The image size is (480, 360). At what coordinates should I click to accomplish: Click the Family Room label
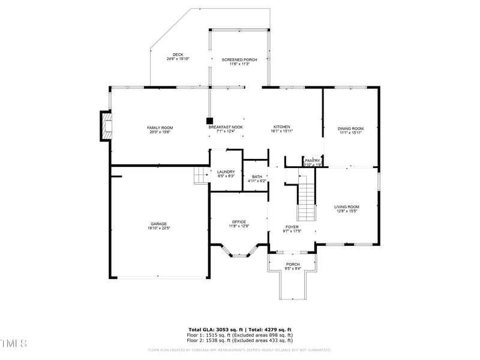(x=160, y=128)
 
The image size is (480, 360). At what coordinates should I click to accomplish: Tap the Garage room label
(x=158, y=224)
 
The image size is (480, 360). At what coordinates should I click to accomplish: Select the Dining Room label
(x=350, y=128)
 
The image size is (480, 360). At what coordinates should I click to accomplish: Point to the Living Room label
(x=347, y=207)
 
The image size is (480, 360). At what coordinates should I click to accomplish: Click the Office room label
(x=239, y=222)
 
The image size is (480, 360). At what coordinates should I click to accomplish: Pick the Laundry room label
(x=226, y=172)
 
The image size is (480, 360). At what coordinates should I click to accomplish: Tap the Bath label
(x=257, y=176)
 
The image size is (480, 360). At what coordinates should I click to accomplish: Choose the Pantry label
(x=313, y=160)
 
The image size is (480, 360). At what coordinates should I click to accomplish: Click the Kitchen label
(x=282, y=127)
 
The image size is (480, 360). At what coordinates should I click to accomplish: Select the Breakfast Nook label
(x=226, y=127)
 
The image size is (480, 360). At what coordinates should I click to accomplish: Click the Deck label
(x=178, y=55)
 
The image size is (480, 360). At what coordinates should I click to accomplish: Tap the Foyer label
(x=292, y=227)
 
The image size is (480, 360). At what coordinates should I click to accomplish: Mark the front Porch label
(x=292, y=265)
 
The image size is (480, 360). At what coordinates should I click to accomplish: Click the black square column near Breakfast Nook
(x=209, y=120)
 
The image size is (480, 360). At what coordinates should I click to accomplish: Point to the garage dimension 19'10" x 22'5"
(x=158, y=228)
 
